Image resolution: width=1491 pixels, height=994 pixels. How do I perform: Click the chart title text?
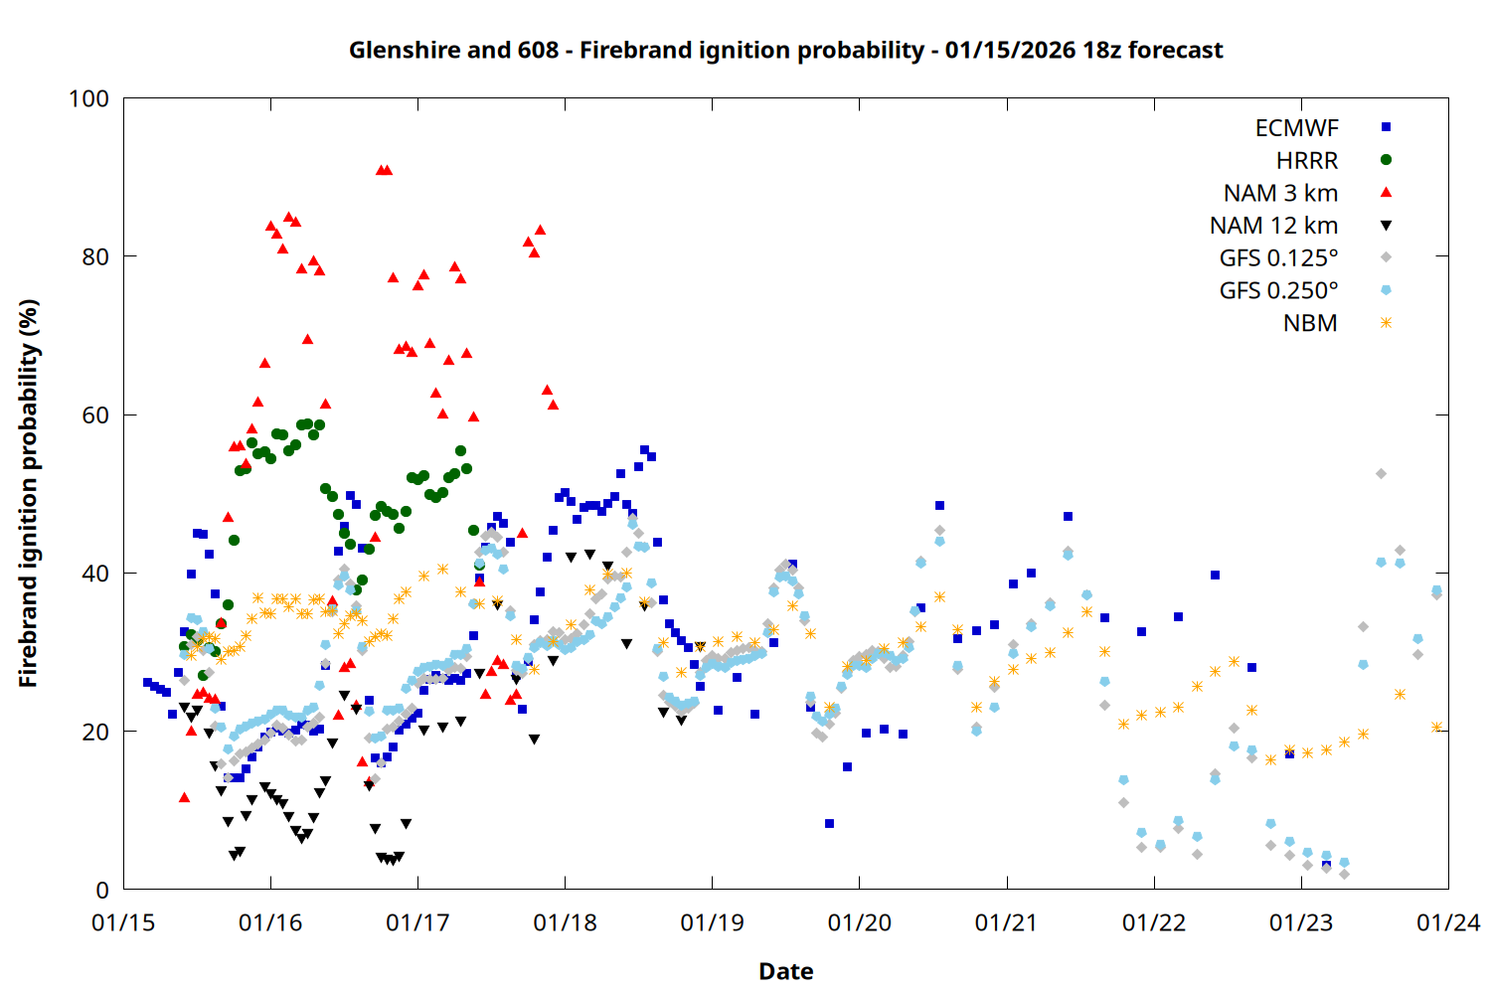(x=785, y=50)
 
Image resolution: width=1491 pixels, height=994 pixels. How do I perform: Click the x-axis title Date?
(x=785, y=971)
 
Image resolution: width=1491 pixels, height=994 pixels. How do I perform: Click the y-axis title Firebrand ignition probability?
(x=28, y=493)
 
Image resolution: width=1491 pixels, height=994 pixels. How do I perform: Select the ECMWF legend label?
(x=1296, y=128)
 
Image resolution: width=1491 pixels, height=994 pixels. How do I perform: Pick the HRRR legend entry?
(x=1307, y=161)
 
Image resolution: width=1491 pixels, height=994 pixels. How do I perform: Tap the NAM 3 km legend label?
(x=1280, y=193)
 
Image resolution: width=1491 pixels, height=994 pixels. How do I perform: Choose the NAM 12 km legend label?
(x=1273, y=226)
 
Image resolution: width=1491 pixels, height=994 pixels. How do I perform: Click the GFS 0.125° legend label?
(x=1278, y=258)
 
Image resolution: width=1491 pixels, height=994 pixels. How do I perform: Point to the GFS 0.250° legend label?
(x=1278, y=290)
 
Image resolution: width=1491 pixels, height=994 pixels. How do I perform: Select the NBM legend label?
(x=1310, y=323)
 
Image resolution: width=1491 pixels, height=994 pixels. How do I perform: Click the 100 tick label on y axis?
(x=88, y=98)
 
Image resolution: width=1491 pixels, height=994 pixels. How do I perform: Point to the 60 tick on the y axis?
(x=95, y=414)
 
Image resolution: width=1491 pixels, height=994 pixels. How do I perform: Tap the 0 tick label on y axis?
(x=102, y=890)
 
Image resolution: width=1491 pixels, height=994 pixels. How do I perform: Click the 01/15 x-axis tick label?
(x=123, y=922)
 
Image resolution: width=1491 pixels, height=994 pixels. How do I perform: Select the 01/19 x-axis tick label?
(x=712, y=922)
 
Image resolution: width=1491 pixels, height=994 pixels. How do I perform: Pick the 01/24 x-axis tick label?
(x=1448, y=922)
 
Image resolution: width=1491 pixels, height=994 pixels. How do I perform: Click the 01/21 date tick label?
(x=1006, y=922)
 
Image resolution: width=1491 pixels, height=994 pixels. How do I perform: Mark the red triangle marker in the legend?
(x=1386, y=193)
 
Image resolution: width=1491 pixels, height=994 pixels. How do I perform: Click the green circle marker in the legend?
(x=1386, y=160)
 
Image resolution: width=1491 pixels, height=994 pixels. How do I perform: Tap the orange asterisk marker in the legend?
(x=1386, y=323)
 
